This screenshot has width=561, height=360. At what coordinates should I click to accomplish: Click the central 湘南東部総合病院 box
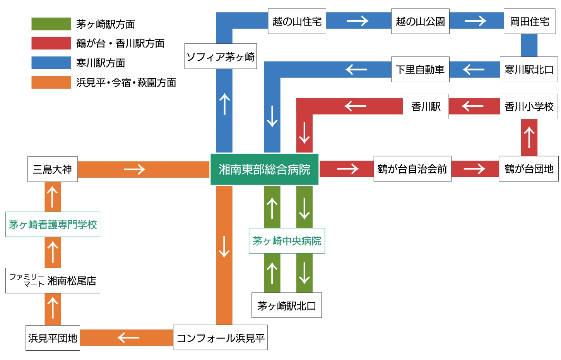coord(264,169)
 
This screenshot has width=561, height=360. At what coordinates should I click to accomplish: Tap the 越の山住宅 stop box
coord(297,21)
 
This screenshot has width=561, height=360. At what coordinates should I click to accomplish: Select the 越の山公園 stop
coord(420,21)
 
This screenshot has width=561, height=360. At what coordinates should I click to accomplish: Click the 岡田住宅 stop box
coord(529,21)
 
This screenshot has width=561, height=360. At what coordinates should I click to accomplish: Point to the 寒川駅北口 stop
coord(529,70)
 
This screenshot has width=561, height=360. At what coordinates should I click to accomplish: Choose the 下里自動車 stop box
coord(420,70)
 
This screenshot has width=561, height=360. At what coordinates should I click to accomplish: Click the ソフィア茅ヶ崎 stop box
coord(221,57)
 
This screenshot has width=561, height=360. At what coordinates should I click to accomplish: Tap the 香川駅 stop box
coord(426,106)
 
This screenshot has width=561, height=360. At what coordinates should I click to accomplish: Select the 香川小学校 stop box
coord(529,106)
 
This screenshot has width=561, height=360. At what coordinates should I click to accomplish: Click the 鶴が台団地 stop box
coord(529,169)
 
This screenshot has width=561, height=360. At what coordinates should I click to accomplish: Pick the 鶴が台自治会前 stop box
coord(412,169)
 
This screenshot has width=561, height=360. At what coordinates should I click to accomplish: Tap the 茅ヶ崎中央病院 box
coord(287,241)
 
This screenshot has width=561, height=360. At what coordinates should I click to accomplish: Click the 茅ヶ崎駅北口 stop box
coord(287,305)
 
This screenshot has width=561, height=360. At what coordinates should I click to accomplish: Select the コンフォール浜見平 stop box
coord(220,338)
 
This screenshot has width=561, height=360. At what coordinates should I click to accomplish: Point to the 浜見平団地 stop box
coord(53,338)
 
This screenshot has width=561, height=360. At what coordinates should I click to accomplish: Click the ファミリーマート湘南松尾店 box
coord(53,281)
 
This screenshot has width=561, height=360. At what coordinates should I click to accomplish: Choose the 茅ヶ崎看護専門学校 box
coord(53,225)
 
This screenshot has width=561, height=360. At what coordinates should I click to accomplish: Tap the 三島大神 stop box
coord(52,169)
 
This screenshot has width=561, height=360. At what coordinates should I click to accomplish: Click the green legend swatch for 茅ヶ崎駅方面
coord(51,24)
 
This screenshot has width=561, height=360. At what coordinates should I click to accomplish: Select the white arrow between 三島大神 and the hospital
coord(134,169)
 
